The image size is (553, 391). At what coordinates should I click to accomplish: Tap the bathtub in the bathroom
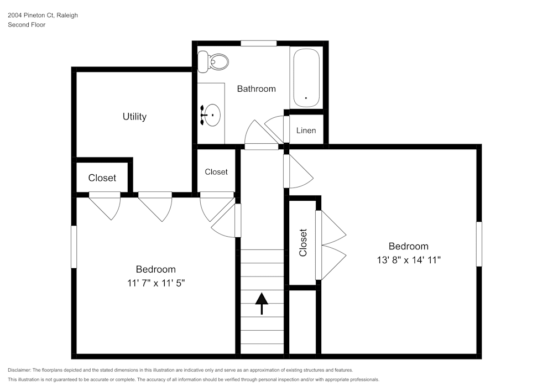point(306,78)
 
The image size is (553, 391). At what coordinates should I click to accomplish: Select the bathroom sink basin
point(212,115)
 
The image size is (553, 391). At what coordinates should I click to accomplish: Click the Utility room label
point(134,117)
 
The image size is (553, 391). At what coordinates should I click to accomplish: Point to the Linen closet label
point(306,131)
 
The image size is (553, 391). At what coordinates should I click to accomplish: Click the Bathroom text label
point(256,88)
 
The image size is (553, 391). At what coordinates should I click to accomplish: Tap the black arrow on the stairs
point(262,303)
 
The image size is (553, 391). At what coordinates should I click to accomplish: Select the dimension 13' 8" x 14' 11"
point(408,260)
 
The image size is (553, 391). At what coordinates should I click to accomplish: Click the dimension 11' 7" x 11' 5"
point(156,283)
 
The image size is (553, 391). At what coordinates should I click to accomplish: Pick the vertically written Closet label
point(303,243)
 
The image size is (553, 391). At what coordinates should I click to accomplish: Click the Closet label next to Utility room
point(102,178)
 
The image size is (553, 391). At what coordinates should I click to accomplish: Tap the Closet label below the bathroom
point(216,172)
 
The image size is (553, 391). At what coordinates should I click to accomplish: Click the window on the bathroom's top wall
point(258,43)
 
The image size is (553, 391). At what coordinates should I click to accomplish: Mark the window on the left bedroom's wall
point(74,247)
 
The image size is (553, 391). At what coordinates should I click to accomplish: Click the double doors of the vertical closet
point(332,245)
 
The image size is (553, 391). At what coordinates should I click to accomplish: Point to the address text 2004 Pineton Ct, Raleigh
point(43,15)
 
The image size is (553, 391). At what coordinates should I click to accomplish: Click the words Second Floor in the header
point(27,25)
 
